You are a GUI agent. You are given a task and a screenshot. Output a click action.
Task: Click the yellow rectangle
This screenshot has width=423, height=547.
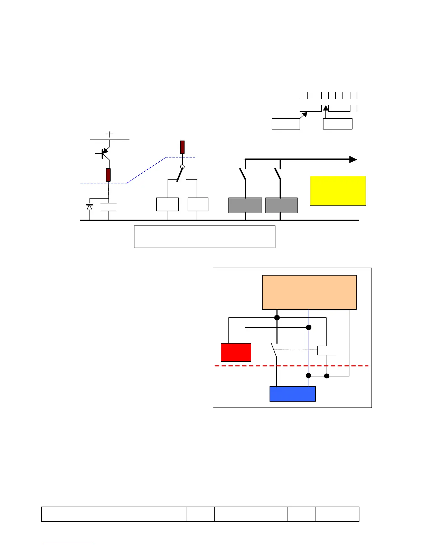click(x=338, y=191)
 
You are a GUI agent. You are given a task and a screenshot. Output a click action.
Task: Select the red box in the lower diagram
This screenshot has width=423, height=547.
click(x=236, y=352)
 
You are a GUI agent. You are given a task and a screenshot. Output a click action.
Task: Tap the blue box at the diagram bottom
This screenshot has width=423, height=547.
click(x=292, y=394)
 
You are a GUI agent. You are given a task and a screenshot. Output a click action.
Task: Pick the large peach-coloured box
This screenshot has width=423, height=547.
click(x=309, y=292)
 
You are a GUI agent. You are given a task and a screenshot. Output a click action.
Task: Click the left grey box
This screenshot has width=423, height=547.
click(x=245, y=205)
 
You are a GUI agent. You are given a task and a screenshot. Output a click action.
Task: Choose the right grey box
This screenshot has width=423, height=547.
click(x=281, y=205)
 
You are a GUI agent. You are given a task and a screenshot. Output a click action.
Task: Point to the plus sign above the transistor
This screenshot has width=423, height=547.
click(x=109, y=134)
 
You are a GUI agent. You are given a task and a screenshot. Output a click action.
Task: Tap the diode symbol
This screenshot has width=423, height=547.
click(x=90, y=207)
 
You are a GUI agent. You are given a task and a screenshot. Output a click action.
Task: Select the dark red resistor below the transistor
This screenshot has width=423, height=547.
click(x=108, y=175)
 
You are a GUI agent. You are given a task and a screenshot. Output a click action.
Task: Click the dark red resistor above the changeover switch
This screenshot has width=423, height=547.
click(x=182, y=147)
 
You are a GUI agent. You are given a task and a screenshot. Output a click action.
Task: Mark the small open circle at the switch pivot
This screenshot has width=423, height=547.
click(x=182, y=167)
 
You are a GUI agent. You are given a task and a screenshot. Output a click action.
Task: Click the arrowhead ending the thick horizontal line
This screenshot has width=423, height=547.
click(x=353, y=159)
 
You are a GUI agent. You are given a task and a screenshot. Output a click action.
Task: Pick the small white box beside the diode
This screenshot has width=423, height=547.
click(x=109, y=207)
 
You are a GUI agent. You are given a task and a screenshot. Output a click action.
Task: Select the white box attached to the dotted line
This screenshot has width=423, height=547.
click(x=327, y=350)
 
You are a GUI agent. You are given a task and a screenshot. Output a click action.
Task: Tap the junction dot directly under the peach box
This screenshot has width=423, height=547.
click(x=277, y=318)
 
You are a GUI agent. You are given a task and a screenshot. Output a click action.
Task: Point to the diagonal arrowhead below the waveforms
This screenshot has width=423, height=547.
click(x=304, y=115)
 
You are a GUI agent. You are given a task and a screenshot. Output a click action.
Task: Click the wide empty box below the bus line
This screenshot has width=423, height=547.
click(x=204, y=237)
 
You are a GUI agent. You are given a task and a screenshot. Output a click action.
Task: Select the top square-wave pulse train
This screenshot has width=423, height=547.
click(x=328, y=95)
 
